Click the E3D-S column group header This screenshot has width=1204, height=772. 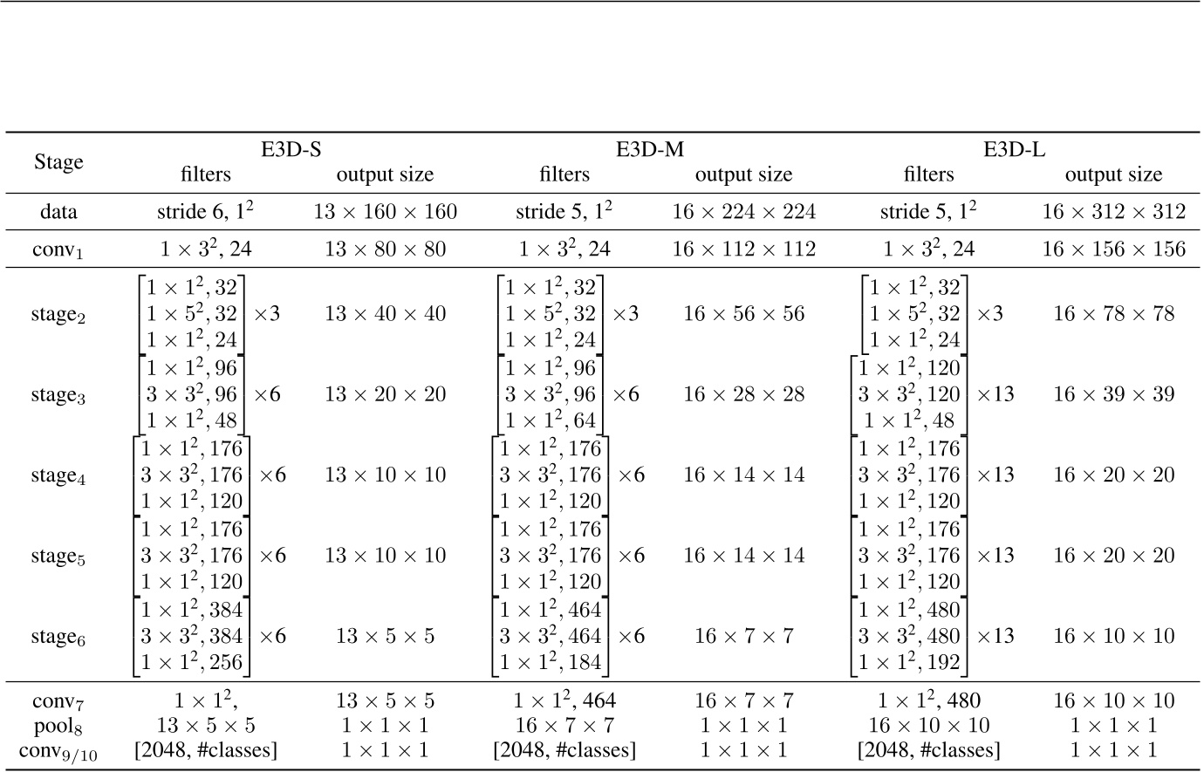coord(291,149)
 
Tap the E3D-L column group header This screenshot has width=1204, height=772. coord(1015,149)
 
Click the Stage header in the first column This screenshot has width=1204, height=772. coord(58,162)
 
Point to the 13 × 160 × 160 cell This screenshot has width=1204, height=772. coord(385,212)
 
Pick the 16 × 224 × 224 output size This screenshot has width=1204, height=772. coord(743,212)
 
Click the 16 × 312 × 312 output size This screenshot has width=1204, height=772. coord(1113,212)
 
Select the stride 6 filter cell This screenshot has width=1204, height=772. coord(205,212)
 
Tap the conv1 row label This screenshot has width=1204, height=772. coord(58,250)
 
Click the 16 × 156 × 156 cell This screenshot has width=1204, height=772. coord(1113,250)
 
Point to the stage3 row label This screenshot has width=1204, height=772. coord(58,395)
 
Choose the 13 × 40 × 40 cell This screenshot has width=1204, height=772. coord(385,314)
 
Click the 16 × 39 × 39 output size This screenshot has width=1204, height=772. coord(1113,394)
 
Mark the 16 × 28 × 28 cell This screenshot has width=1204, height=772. coord(743,394)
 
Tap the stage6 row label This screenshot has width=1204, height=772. coord(58,638)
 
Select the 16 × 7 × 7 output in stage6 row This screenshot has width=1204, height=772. coord(743,637)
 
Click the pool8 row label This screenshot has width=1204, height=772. coord(58,726)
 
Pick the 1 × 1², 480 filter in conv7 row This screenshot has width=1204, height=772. coord(928,700)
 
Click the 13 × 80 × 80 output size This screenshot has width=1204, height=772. coord(385,250)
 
